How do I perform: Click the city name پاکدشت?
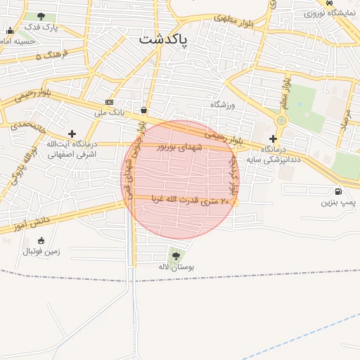tap(163, 39)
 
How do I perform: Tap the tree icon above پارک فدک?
tap(41, 16)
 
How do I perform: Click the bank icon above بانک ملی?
tap(108, 102)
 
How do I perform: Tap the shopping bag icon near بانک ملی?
tap(144, 110)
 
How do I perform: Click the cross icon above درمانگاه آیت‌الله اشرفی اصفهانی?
tap(72, 133)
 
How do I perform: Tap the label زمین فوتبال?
tap(42, 251)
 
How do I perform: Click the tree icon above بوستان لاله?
tap(176, 255)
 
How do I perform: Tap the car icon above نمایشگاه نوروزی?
tap(330, 3)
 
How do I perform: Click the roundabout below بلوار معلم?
tap(281, 120)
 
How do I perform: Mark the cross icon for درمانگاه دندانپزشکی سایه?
tap(273, 139)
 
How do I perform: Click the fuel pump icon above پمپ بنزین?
tap(339, 191)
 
